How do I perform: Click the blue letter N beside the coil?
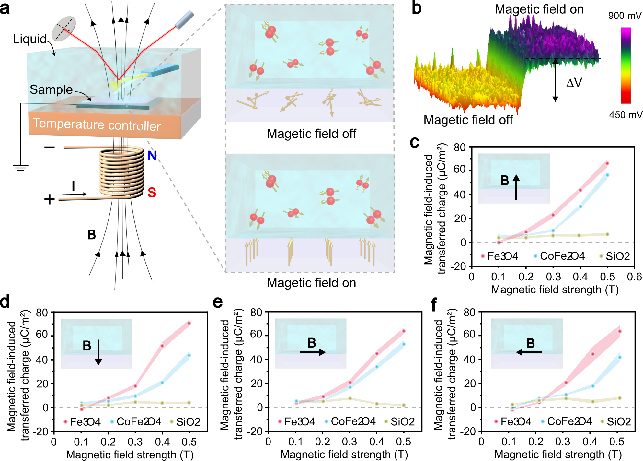[x=152, y=156]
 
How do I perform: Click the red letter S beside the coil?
[x=152, y=192]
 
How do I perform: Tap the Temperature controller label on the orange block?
[x=97, y=124]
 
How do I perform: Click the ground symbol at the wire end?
[x=21, y=168]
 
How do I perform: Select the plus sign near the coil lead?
[x=49, y=199]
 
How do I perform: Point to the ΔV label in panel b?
[x=574, y=83]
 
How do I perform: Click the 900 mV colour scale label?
[x=624, y=16]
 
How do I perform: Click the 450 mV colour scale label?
[x=625, y=115]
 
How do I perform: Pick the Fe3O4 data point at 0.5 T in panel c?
[x=607, y=163]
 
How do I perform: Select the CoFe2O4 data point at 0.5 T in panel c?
[x=607, y=175]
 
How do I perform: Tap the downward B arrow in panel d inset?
[x=98, y=352]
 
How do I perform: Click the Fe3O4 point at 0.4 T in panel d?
[x=162, y=346]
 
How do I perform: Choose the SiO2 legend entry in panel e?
[x=399, y=421]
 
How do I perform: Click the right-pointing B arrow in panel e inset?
[x=313, y=352]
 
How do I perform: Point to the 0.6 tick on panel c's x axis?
[x=634, y=277]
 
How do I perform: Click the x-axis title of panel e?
[x=344, y=455]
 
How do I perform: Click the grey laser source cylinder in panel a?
[x=184, y=19]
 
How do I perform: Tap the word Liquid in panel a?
[x=30, y=39]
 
